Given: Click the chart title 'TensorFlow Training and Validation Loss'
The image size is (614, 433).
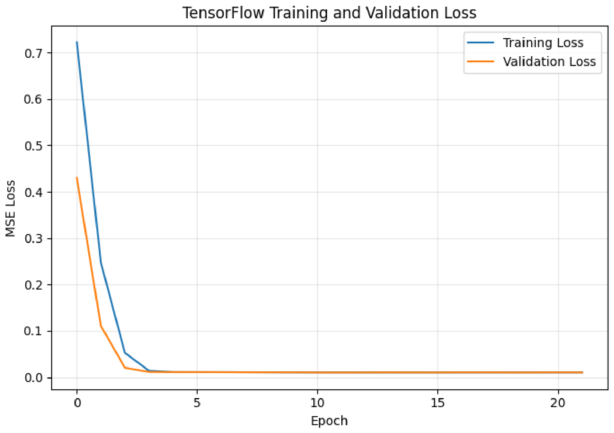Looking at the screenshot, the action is [329, 13].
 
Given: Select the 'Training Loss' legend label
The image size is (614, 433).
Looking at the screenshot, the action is [543, 43].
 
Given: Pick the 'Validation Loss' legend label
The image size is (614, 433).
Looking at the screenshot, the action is [549, 62].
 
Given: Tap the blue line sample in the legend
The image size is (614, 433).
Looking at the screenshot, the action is [480, 42].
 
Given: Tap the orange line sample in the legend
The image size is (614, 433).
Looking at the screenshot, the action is [480, 61].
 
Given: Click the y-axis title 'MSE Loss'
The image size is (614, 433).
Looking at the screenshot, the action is [10, 208].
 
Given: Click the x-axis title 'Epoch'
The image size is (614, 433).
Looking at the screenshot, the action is [329, 421].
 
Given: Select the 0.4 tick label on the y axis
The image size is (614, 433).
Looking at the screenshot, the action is [34, 192].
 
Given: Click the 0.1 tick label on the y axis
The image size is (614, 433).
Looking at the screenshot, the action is [34, 331].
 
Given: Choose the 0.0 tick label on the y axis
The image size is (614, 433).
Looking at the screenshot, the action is [34, 378].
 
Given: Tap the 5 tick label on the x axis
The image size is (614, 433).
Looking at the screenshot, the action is [197, 403].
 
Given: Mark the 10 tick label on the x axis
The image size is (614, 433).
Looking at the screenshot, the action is [317, 403].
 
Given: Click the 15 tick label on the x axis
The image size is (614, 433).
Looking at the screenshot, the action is [438, 403].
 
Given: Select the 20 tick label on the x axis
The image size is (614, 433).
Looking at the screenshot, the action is [558, 403].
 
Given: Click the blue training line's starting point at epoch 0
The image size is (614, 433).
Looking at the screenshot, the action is [77, 42].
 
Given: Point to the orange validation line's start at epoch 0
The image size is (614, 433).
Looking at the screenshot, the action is [77, 178].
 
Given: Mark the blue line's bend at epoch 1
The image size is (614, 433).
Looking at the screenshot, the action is [101, 263].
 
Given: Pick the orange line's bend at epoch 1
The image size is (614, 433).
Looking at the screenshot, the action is [101, 326].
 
